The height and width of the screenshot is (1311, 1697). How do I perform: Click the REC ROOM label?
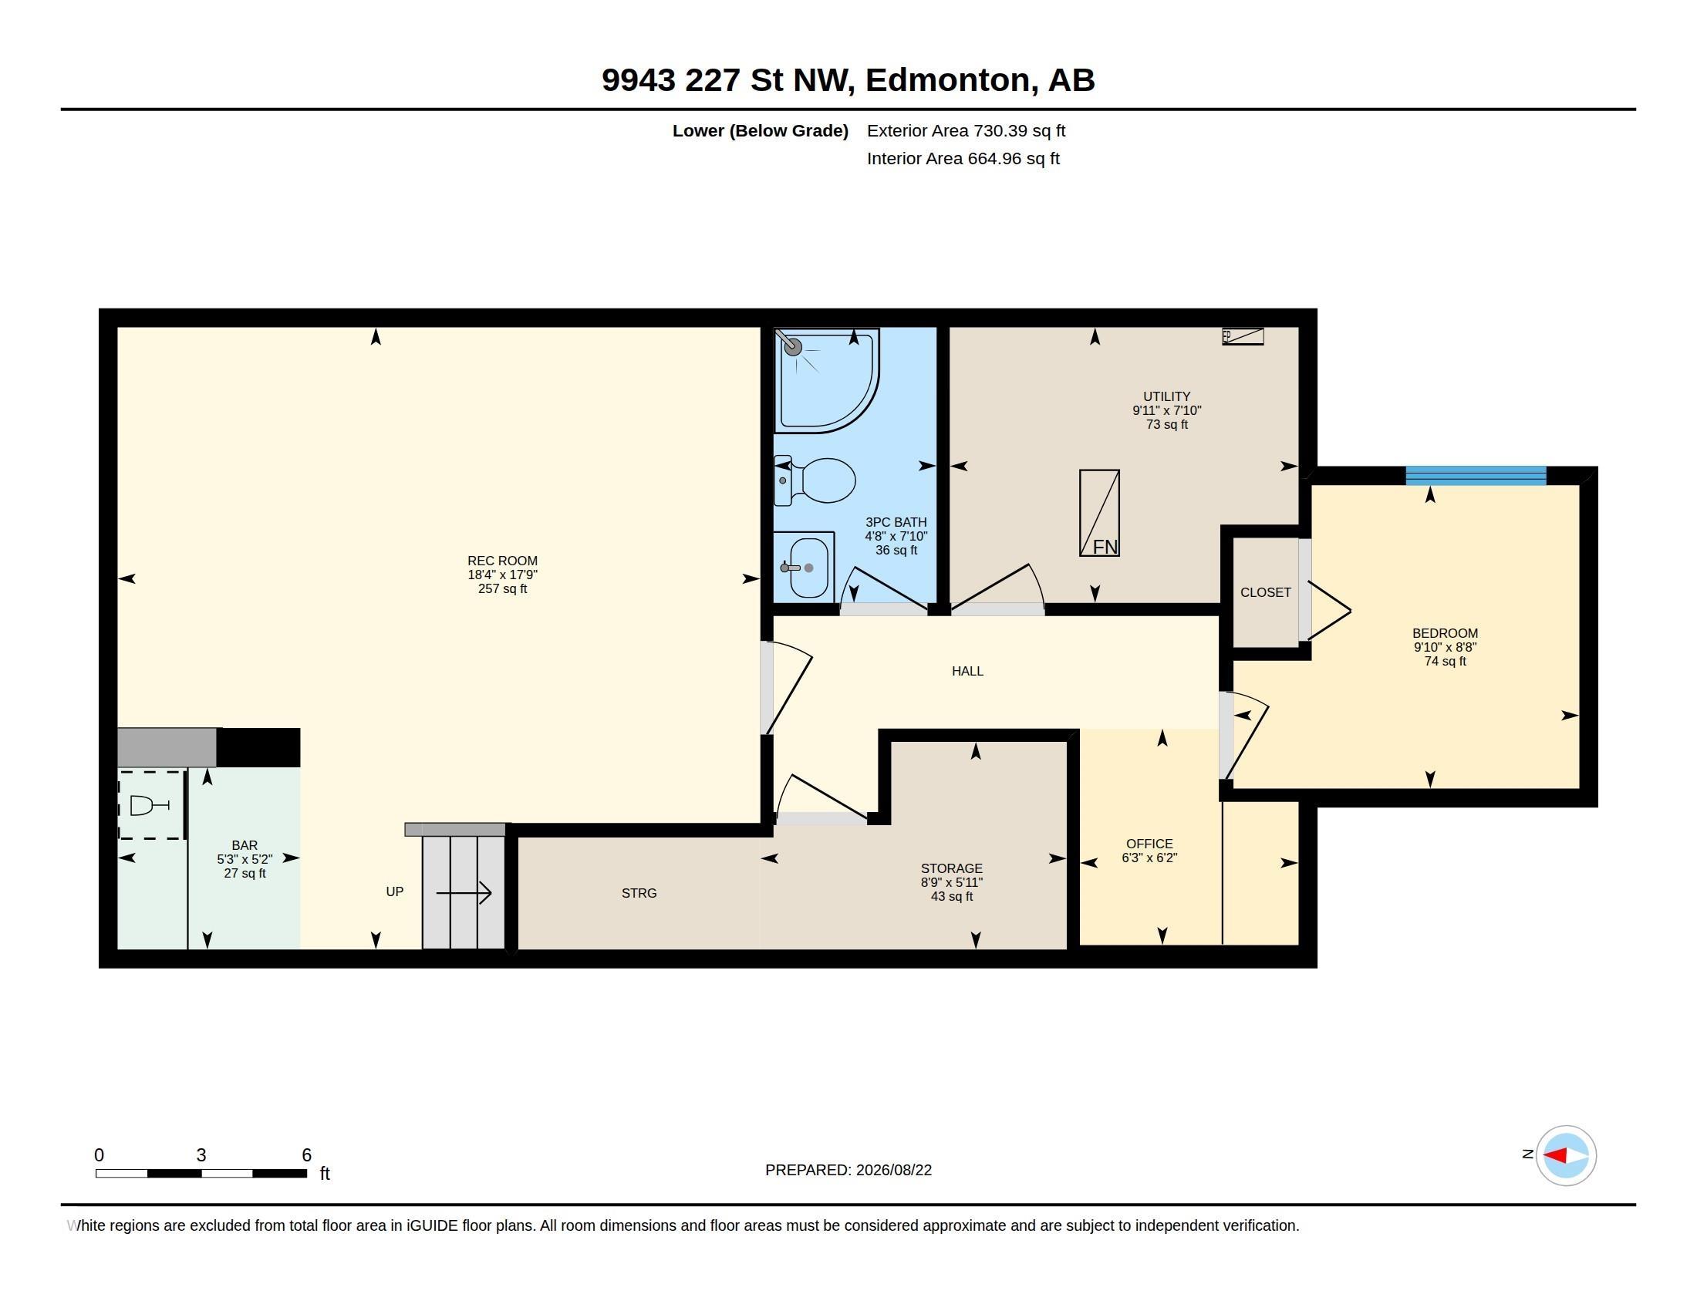pos(502,561)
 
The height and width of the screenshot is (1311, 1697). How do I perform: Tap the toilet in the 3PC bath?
pos(815,480)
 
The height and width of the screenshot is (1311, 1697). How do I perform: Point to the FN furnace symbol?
pos(1099,513)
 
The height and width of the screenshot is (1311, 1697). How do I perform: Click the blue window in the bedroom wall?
pos(1476,475)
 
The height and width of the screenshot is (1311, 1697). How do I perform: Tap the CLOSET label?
pos(1265,592)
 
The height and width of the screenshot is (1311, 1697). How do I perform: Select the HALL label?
pos(967,671)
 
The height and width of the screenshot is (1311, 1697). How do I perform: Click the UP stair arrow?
pos(464,893)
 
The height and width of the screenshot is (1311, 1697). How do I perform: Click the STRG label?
pos(639,893)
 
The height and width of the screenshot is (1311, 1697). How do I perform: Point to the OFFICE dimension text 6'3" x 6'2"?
pos(1149,858)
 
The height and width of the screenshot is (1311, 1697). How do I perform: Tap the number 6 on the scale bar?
pos(307,1155)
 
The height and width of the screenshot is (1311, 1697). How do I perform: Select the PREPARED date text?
pos(848,1170)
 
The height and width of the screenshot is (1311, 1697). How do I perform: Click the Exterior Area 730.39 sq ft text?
pos(966,130)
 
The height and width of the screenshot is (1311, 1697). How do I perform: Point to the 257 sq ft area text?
pos(502,588)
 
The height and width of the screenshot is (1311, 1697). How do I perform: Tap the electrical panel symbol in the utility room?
pos(1243,336)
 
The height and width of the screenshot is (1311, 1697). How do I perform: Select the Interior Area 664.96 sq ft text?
pos(963,158)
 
